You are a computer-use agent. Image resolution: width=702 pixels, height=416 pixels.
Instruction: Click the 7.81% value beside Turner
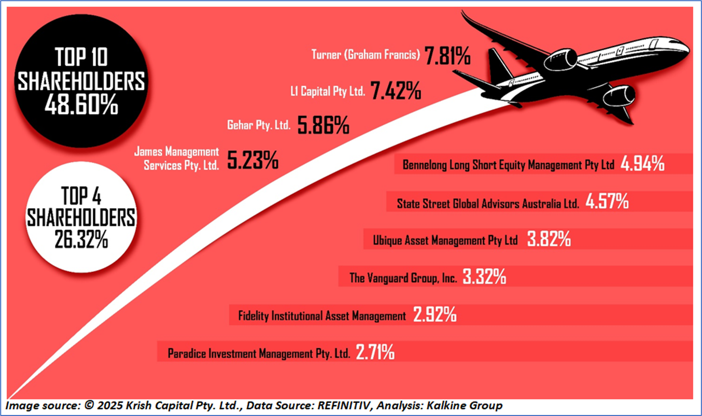point(447,55)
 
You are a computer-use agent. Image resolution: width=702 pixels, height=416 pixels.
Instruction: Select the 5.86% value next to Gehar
point(323,125)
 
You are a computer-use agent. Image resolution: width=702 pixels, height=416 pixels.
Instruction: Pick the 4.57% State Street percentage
point(607,202)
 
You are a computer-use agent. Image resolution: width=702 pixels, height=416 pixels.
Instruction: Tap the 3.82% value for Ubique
point(549,239)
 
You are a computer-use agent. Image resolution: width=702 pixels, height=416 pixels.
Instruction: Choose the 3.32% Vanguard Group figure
point(484,278)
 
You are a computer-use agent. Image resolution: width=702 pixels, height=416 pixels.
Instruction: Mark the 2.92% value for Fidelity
point(434,314)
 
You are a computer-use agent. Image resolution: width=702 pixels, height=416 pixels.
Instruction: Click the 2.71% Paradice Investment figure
point(375,353)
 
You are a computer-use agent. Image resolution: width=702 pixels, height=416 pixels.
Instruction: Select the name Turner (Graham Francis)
point(366,54)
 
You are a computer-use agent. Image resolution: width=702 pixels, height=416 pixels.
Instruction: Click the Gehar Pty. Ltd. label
point(259,125)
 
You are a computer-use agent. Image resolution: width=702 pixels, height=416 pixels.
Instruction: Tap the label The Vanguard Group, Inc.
point(403,278)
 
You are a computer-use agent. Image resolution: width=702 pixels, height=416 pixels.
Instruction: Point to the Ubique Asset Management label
point(445,240)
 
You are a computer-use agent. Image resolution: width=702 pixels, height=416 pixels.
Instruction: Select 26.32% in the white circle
point(81,239)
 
